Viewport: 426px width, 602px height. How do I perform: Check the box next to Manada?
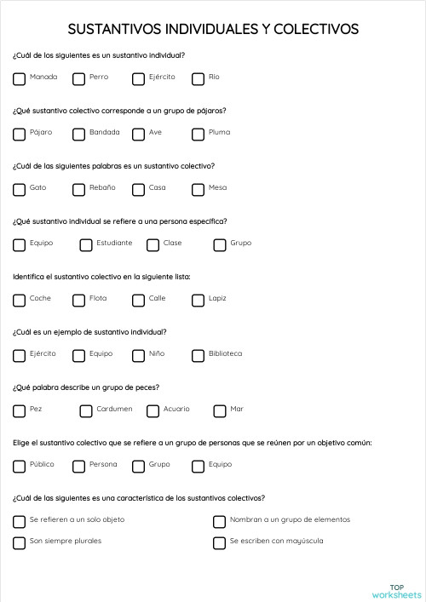[x=20, y=79]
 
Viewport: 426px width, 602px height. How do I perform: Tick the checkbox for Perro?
[x=79, y=79]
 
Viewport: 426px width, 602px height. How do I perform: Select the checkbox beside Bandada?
[x=79, y=135]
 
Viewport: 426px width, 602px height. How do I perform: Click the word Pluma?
[x=219, y=133]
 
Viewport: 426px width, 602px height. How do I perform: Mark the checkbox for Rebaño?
[x=79, y=190]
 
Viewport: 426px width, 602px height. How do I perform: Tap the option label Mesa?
[x=217, y=188]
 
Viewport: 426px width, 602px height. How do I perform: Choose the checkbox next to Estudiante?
[x=86, y=245]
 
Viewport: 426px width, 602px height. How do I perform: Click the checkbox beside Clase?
[x=153, y=245]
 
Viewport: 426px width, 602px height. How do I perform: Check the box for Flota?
[x=79, y=301]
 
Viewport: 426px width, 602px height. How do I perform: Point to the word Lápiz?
[x=217, y=299]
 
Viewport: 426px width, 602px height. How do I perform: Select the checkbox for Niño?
[x=139, y=356]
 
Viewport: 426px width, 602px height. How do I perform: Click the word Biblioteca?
[x=225, y=354]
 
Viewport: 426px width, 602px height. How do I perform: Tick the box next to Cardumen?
[x=86, y=411]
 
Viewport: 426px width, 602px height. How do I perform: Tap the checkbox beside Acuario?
[x=153, y=411]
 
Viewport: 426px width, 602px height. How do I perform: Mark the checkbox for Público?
[x=20, y=467]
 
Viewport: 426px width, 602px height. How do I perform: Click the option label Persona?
[x=103, y=465]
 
